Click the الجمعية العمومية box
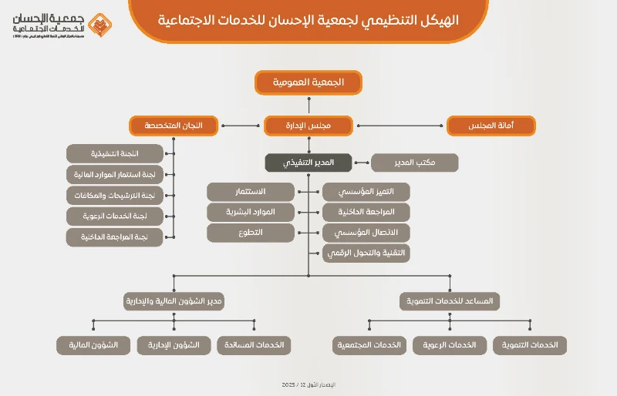click(308, 82)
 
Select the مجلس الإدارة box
click(308, 126)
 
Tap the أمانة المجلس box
click(491, 126)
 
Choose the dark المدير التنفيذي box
click(308, 163)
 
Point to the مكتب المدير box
click(415, 163)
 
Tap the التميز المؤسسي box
click(366, 191)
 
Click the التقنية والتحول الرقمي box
click(366, 253)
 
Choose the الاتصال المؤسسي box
click(366, 233)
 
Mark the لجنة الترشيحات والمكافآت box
click(116, 196)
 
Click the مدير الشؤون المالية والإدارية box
click(174, 301)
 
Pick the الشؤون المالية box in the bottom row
click(93, 345)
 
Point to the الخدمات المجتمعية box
click(369, 345)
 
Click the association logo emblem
click(98, 25)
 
